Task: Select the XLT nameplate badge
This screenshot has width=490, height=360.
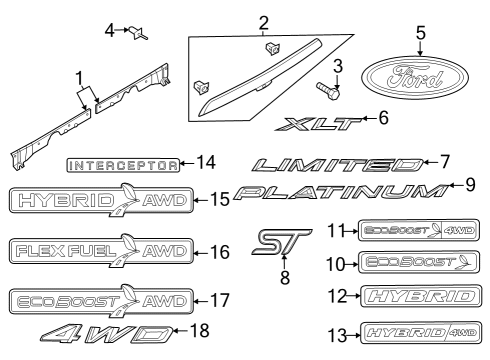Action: [x=317, y=124]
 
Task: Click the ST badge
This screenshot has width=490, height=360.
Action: [x=279, y=240]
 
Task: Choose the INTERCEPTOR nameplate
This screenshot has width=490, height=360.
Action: [x=123, y=162]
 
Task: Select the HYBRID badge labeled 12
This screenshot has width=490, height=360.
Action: [x=419, y=296]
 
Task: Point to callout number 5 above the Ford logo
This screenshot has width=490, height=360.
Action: [x=421, y=32]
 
